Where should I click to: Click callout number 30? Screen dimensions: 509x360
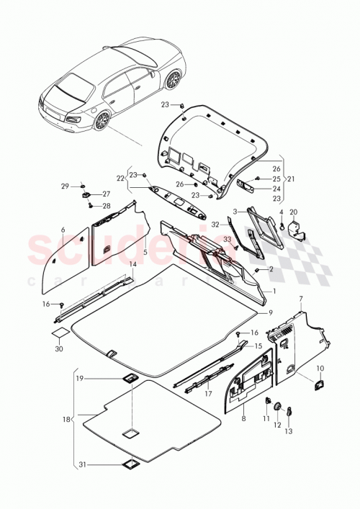coord(59,349)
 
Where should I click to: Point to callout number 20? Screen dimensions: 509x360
coord(293,212)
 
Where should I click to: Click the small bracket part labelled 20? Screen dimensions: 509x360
coord(295,229)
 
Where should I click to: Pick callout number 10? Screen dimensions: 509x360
coord(320,369)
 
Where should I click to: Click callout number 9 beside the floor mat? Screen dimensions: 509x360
coord(271,312)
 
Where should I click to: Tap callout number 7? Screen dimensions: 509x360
coord(301,298)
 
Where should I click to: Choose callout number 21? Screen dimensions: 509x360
coord(291,179)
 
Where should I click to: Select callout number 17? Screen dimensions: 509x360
coord(208,394)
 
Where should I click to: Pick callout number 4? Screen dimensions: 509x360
coord(281,212)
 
